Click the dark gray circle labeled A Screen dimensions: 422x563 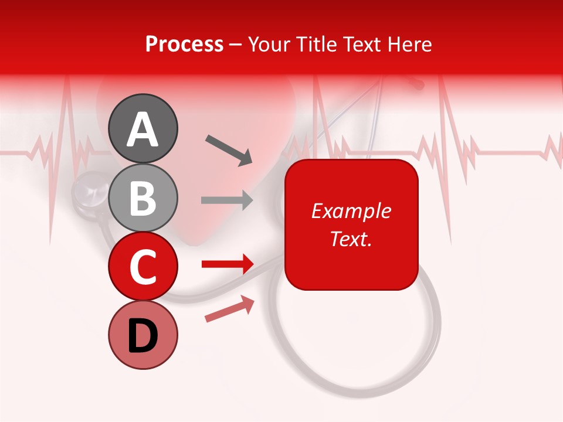pyautogui.click(x=143, y=128)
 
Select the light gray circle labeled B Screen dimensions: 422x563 pyautogui.click(x=143, y=198)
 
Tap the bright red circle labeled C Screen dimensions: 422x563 pyautogui.click(x=143, y=267)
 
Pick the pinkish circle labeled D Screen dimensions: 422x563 pyautogui.click(x=143, y=335)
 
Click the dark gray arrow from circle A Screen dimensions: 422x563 pyautogui.click(x=229, y=149)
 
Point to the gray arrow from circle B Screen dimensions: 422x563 pyautogui.click(x=227, y=200)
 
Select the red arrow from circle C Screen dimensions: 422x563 pyautogui.click(x=228, y=264)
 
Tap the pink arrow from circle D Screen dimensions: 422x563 pyautogui.click(x=229, y=309)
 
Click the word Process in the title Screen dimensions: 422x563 pyautogui.click(x=184, y=45)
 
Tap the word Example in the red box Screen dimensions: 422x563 pyautogui.click(x=351, y=211)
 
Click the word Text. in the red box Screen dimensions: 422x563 pyautogui.click(x=351, y=239)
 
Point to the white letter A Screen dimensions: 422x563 pyautogui.click(x=143, y=130)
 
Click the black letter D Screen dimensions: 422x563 pyautogui.click(x=143, y=336)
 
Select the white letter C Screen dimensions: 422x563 pyautogui.click(x=143, y=267)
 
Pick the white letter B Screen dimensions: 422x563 pyautogui.click(x=143, y=198)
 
